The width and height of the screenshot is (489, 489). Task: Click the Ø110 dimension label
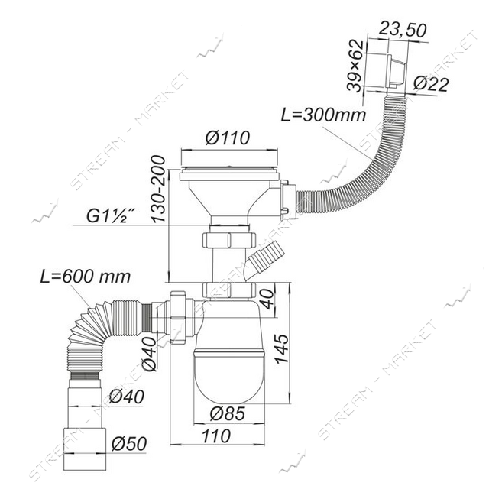[228, 138]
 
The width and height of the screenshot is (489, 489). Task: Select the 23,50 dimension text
[402, 31]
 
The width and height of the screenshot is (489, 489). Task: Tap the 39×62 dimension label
[355, 66]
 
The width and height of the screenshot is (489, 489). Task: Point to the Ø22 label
[431, 84]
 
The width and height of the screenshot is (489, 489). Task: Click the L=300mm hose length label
[323, 115]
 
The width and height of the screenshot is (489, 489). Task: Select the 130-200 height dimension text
[158, 189]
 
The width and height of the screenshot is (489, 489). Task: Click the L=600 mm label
[85, 277]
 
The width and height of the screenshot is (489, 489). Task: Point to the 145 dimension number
[281, 348]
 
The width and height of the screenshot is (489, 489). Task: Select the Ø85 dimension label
[228, 414]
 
